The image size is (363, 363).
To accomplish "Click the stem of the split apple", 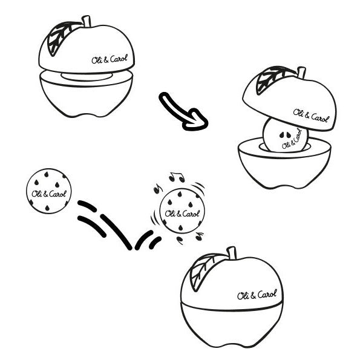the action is tap(87, 21).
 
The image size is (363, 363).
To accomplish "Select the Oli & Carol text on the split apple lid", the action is tap(110, 59).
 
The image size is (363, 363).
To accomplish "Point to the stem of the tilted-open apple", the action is tap(301, 73).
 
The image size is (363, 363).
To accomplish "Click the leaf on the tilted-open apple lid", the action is tap(273, 79).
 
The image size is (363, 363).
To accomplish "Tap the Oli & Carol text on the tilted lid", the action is tap(311, 116).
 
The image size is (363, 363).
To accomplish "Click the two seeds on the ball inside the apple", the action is tap(285, 135).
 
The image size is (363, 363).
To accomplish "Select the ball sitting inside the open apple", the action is tap(286, 135).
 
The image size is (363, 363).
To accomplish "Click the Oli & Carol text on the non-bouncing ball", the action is tap(49, 194).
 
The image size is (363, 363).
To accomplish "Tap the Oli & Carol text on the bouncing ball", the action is tap(182, 214).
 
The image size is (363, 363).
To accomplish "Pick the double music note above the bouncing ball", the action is tap(177, 177).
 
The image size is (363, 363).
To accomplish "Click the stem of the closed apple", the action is tap(232, 253).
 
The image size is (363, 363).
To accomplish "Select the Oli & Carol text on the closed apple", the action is tap(257, 295).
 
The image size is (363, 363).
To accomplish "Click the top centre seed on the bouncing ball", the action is tap(179, 194).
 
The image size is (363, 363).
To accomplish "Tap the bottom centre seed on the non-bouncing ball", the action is tap(47, 208).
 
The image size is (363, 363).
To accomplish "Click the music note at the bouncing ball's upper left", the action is tap(157, 189).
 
